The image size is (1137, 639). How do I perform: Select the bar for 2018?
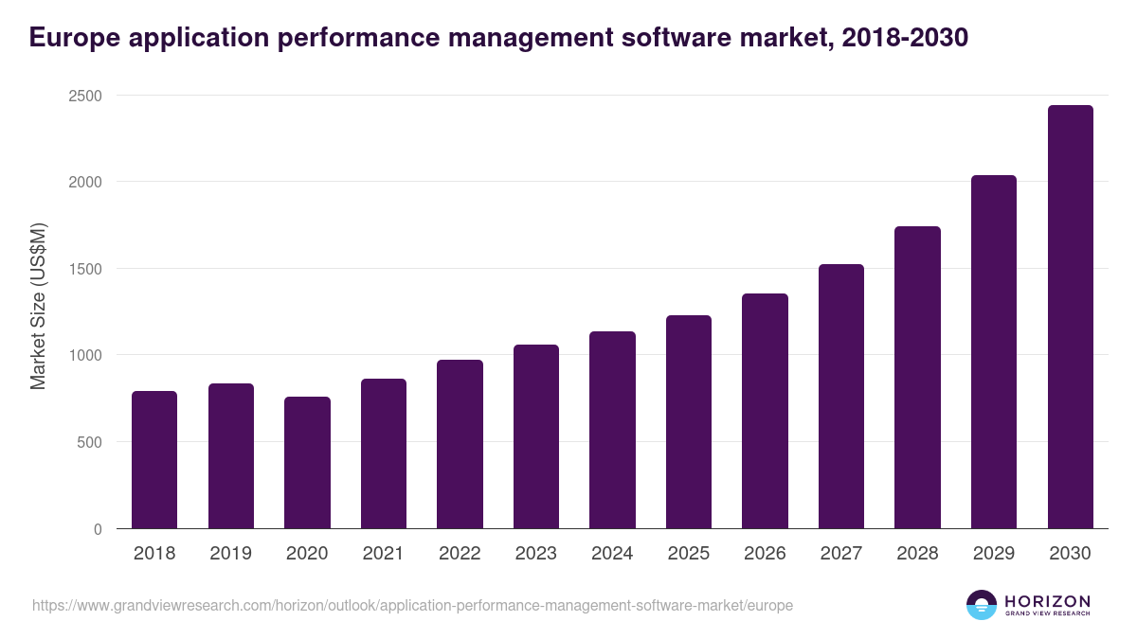point(154,460)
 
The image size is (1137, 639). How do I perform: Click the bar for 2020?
point(307,463)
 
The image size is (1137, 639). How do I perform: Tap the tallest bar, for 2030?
point(1070,317)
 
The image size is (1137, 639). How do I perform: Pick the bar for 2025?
point(689,422)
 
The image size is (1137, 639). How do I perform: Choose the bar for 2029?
point(994,352)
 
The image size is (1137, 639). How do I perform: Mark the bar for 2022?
point(460,444)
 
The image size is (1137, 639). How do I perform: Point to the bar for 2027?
point(841,397)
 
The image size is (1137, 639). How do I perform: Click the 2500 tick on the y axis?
point(84,96)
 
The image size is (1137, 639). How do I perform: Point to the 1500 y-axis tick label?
point(84,269)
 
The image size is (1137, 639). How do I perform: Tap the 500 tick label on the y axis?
point(89,442)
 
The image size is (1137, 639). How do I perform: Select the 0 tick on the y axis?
point(98,529)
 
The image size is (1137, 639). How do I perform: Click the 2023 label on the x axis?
point(535,554)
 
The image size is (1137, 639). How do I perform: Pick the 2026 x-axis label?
point(765,554)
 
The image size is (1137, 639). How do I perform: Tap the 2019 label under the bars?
point(230,554)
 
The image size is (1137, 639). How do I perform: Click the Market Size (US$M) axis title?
point(38,305)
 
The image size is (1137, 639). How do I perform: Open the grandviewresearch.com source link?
point(412,605)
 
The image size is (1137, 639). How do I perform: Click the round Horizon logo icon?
point(982,605)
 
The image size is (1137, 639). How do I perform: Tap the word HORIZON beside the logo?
point(1047,600)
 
